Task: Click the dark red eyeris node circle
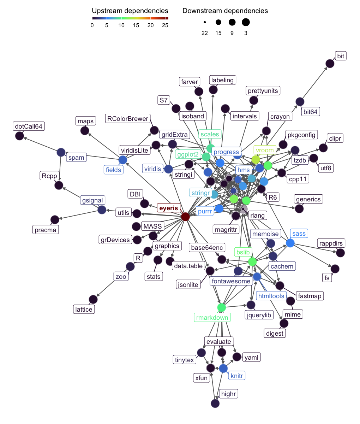(x=185, y=217)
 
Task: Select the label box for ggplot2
(x=188, y=154)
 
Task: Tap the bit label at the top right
(x=341, y=56)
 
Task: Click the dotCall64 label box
(x=30, y=126)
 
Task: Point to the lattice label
(x=84, y=310)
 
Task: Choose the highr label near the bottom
(x=228, y=394)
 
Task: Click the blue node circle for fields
(x=122, y=160)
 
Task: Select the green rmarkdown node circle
(x=221, y=307)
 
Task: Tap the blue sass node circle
(x=290, y=243)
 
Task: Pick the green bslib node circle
(x=252, y=261)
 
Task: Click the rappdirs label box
(x=331, y=243)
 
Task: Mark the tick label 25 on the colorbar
(x=165, y=25)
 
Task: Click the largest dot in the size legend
(x=246, y=22)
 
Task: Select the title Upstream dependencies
(x=130, y=11)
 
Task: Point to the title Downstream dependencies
(x=225, y=11)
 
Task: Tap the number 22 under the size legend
(x=205, y=33)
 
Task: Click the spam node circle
(x=61, y=152)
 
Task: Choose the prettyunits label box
(x=263, y=91)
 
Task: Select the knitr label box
(x=236, y=376)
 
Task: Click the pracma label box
(x=46, y=230)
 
